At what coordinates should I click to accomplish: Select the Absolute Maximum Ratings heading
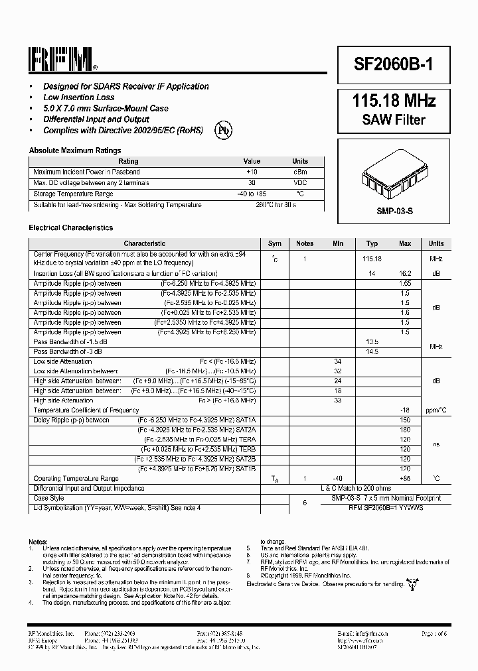[x=75, y=151]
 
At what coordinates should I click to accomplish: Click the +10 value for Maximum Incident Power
[x=252, y=172]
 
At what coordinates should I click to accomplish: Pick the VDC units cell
[x=300, y=183]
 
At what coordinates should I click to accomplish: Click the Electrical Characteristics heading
[x=71, y=227]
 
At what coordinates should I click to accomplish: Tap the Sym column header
[x=274, y=243]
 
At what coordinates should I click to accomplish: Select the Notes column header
[x=305, y=243]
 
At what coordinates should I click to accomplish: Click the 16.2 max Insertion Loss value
[x=405, y=273]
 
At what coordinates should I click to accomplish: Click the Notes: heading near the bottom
[x=39, y=540]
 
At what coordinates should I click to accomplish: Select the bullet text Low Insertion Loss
[x=78, y=97]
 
